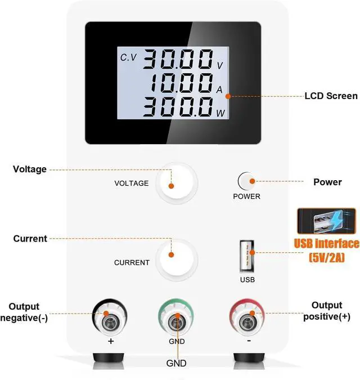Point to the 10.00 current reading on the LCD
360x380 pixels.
[181, 84]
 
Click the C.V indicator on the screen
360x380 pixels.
[129, 57]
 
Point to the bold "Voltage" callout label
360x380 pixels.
[30, 169]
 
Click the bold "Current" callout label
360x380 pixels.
[30, 239]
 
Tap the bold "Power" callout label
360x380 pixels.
[327, 182]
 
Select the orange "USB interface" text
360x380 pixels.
[327, 244]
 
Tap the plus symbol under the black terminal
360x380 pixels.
[111, 341]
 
